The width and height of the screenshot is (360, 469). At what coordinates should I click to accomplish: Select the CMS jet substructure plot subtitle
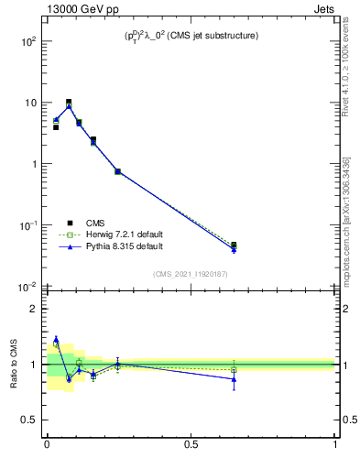pos(191,37)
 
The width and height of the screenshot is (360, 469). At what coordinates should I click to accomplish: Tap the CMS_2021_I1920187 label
pos(191,273)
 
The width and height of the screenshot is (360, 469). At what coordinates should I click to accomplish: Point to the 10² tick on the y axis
pos(29,42)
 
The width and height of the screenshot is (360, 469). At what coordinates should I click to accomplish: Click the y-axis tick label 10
pos(30,104)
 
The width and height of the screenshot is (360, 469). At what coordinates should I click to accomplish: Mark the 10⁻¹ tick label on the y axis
pos(28,225)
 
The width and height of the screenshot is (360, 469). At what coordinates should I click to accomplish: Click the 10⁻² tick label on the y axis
pos(28,287)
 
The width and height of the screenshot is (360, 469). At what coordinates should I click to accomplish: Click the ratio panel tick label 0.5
pos(29,420)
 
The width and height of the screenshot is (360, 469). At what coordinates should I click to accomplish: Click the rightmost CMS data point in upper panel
pos(234,245)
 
